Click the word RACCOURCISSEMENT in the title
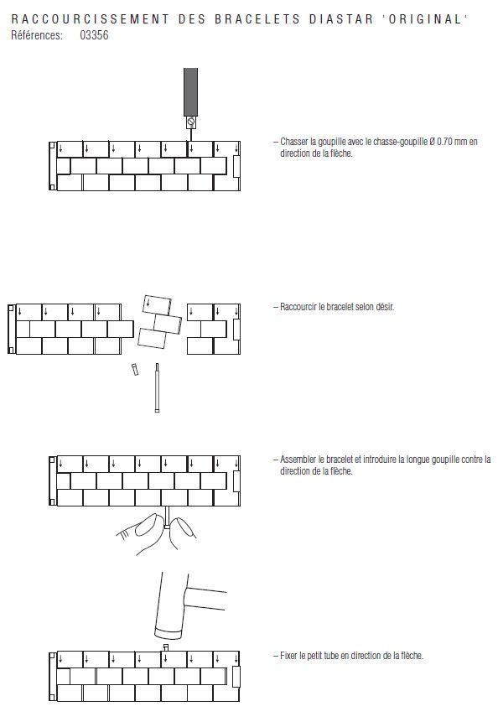[x=91, y=19]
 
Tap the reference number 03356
[x=95, y=35]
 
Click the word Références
[x=37, y=35]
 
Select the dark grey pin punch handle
[x=190, y=92]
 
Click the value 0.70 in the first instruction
[x=444, y=142]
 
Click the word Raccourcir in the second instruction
[x=298, y=307]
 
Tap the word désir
[x=385, y=307]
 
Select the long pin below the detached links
[x=158, y=387]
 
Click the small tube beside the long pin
[x=135, y=369]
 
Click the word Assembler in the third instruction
[x=298, y=460]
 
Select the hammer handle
[x=205, y=598]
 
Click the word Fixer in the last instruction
[x=289, y=655]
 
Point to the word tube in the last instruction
[x=331, y=655]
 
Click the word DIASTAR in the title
[x=341, y=19]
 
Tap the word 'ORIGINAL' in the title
[x=425, y=19]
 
